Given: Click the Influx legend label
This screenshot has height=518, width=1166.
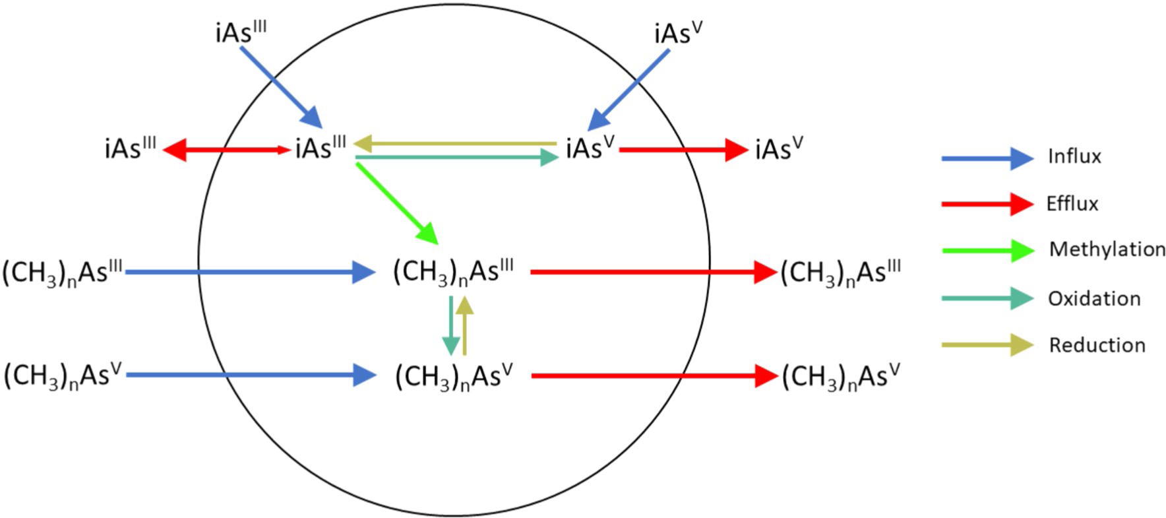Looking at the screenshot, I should coord(1074,156).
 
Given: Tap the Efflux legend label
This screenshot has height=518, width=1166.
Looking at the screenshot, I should coord(1072,204).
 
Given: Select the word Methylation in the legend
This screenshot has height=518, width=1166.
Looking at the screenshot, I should coord(1107,249).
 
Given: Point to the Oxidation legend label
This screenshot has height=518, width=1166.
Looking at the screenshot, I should coord(1094,299).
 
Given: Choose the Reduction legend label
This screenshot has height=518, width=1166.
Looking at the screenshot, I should coord(1097,345).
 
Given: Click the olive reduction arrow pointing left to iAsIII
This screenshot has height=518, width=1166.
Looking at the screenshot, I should coord(455,143).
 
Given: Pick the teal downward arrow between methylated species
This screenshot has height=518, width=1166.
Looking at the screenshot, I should coord(450,326).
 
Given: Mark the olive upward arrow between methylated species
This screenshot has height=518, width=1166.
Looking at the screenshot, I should coord(465,326).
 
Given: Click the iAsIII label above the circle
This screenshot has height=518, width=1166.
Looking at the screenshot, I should coord(241,33).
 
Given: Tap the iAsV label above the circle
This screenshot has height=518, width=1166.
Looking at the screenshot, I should coord(679,34).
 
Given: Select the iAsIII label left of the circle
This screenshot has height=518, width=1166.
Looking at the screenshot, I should coord(130,149).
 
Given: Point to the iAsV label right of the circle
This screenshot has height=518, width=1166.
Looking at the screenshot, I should coord(779,149).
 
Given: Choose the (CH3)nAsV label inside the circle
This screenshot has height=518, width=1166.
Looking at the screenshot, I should coord(454,377).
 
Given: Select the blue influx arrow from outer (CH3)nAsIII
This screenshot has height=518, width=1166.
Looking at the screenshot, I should coord(251,271).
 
